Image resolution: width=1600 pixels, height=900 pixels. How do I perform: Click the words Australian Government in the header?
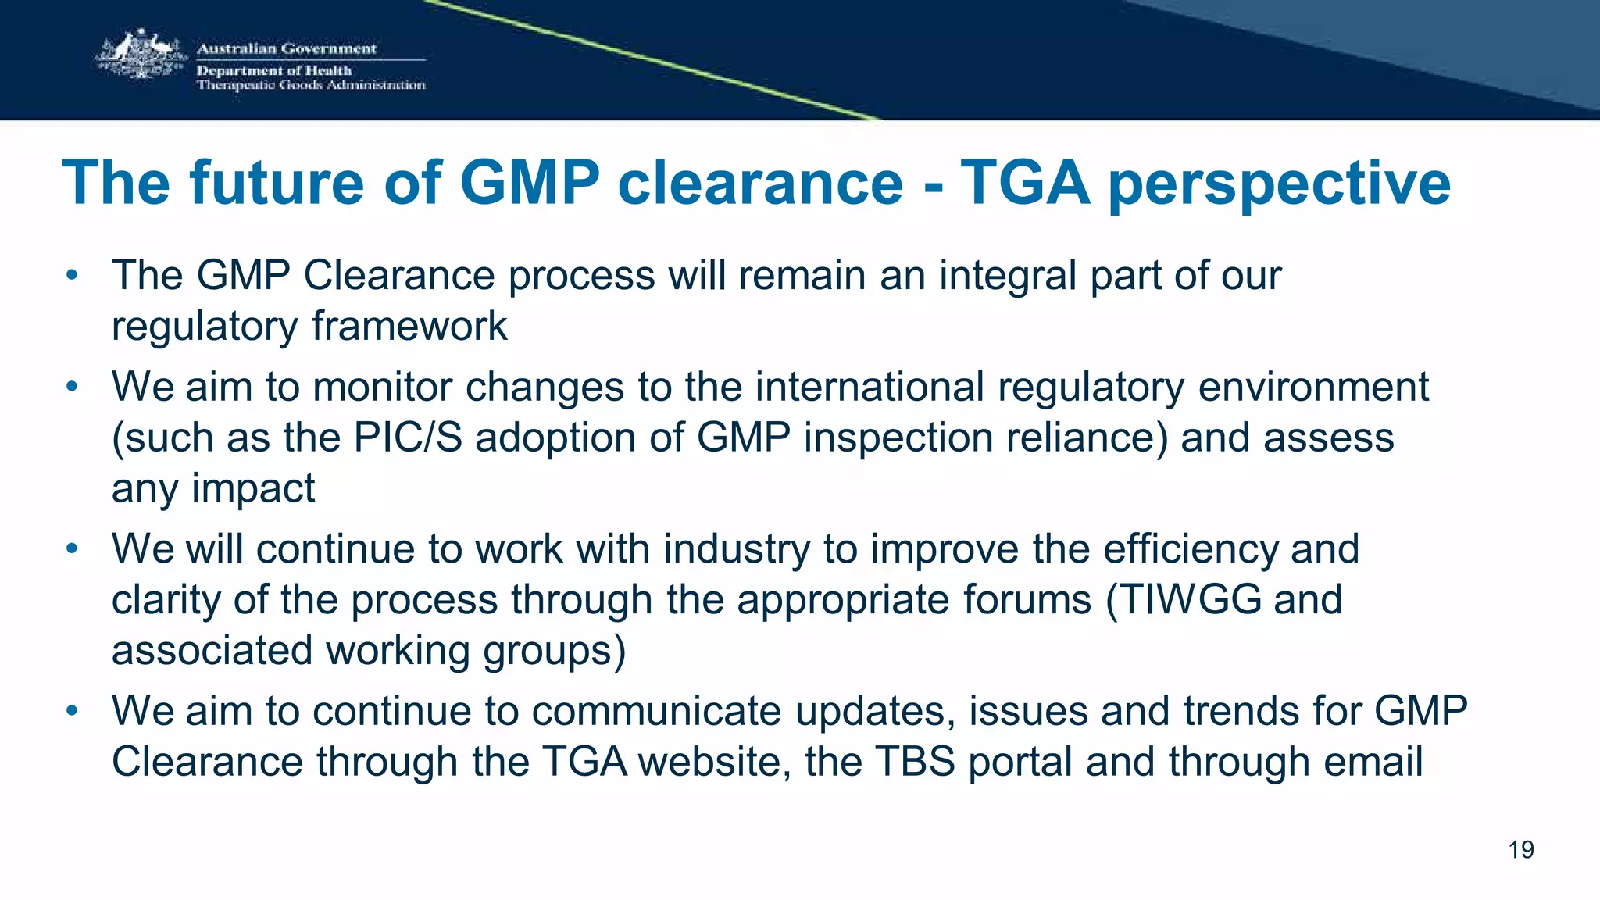tap(286, 48)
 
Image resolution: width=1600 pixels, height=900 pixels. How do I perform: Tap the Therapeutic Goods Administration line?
tap(311, 85)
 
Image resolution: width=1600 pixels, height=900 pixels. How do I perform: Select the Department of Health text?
tap(274, 70)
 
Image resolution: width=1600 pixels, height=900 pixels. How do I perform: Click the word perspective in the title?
tap(1279, 184)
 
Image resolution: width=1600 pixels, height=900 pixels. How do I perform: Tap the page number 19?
tap(1520, 850)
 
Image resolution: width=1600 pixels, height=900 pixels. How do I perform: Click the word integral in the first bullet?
tap(1007, 276)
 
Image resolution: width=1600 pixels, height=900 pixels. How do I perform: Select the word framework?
tap(409, 327)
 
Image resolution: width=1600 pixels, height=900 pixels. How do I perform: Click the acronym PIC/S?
tap(408, 437)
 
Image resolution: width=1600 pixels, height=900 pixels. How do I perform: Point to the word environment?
tap(1313, 387)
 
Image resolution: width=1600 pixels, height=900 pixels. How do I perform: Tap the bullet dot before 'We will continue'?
tap(72, 549)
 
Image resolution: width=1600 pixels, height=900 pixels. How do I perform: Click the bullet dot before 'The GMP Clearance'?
tap(72, 276)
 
